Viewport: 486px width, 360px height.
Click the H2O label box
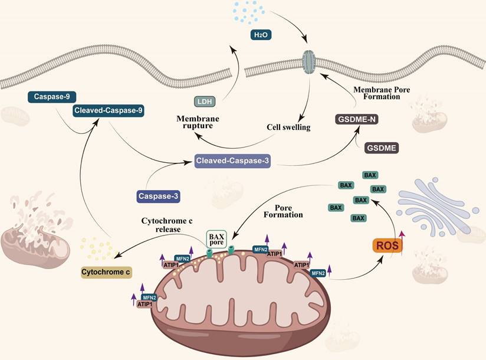260,34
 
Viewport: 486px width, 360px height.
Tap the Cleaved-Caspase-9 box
109,110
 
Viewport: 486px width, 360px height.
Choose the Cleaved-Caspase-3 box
233,161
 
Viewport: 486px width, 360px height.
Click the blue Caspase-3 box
158,195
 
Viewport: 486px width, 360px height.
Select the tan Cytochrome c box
106,272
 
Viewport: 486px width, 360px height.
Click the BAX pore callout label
216,239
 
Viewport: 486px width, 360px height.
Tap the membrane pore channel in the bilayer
309,62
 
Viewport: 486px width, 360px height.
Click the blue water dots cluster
247,12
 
